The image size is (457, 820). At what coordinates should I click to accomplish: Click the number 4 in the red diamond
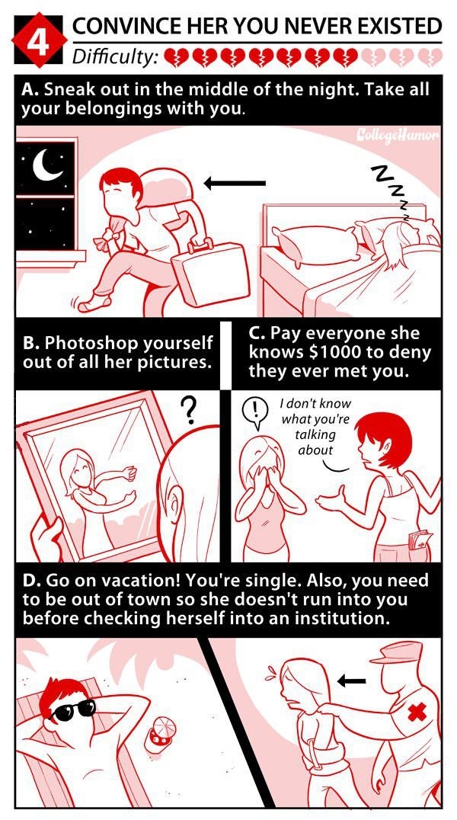38,43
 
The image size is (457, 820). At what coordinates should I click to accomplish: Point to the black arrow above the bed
235,183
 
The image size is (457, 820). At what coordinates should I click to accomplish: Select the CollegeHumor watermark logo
398,136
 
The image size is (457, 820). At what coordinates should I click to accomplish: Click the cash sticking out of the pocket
420,539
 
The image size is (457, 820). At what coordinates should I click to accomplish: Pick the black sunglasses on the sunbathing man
73,709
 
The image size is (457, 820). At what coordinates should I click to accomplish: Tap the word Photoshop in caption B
92,344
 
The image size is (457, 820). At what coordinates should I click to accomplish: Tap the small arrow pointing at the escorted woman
351,681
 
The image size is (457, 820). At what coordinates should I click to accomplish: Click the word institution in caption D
340,619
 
